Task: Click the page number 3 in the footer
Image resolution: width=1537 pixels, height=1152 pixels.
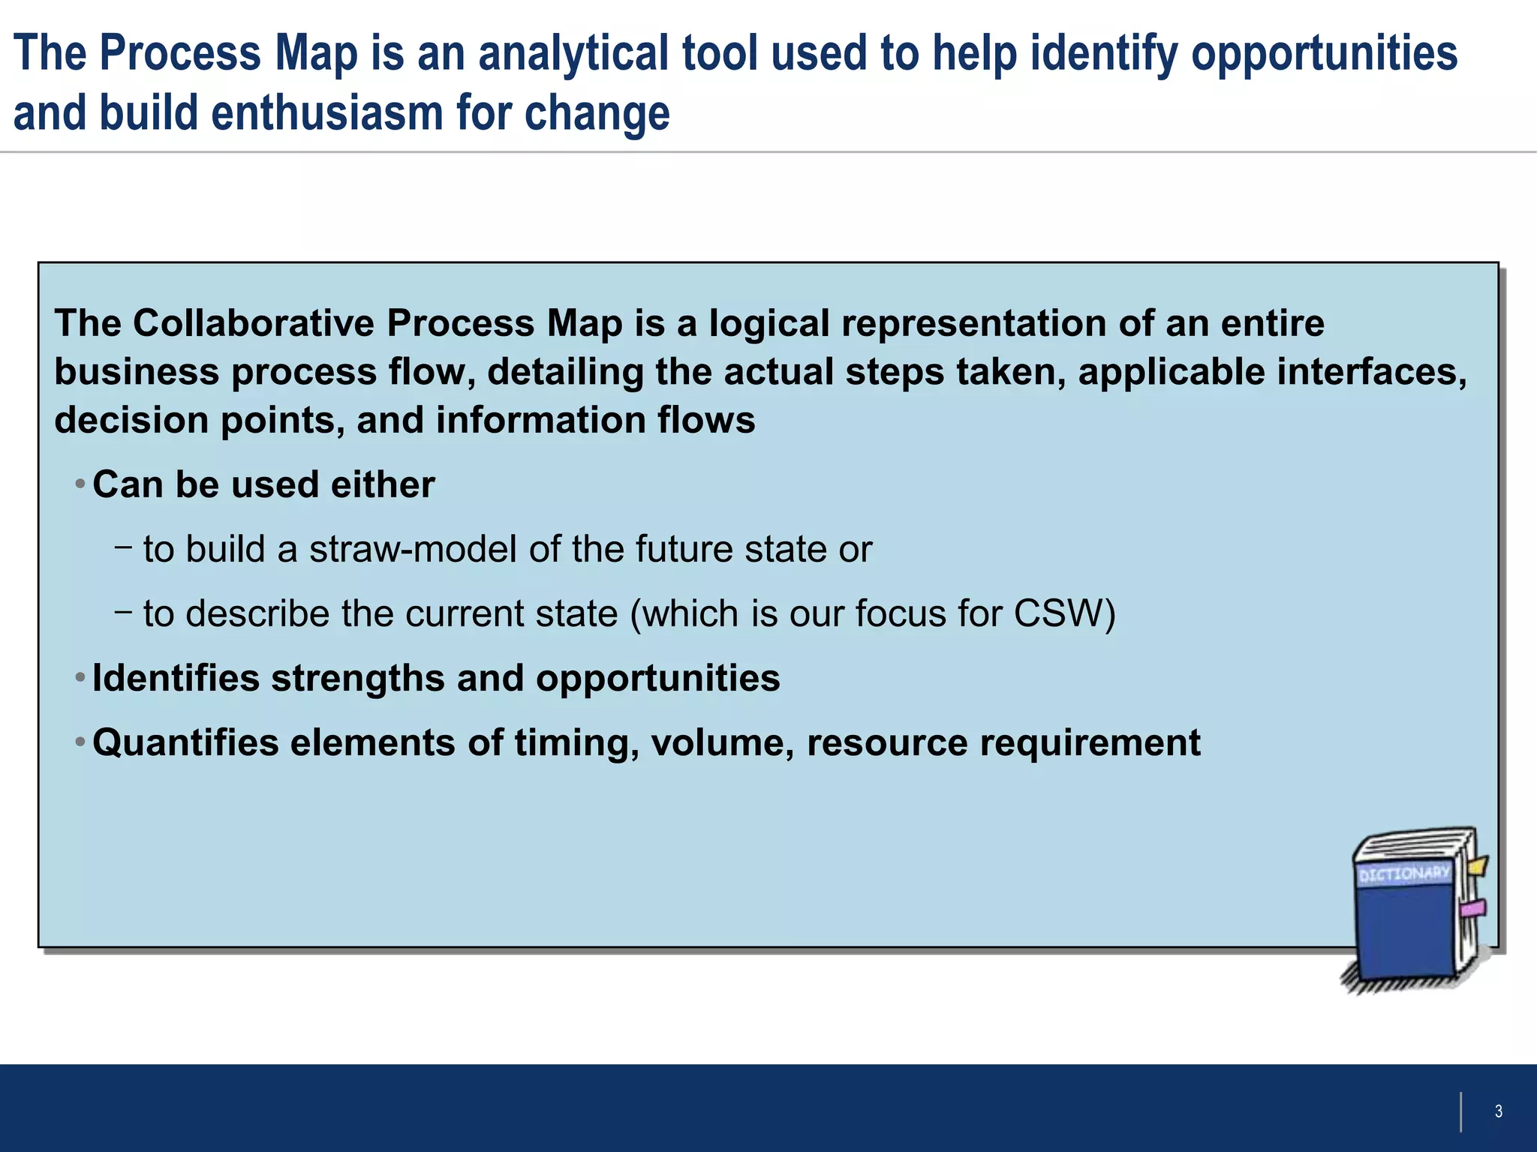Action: pos(1498,1111)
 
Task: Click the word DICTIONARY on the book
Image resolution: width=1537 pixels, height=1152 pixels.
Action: pos(1403,874)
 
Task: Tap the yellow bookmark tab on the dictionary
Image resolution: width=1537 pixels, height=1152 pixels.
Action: pos(1477,866)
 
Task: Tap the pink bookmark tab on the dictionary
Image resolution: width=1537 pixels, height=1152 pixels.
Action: pos(1472,909)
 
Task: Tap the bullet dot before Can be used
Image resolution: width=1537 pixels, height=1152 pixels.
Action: pos(80,484)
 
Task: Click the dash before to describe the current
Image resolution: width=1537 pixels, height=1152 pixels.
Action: pos(124,612)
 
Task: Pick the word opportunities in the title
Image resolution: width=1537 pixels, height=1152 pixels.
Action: pos(1324,54)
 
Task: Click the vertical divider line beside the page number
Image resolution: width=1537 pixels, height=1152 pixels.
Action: pos(1460,1111)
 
